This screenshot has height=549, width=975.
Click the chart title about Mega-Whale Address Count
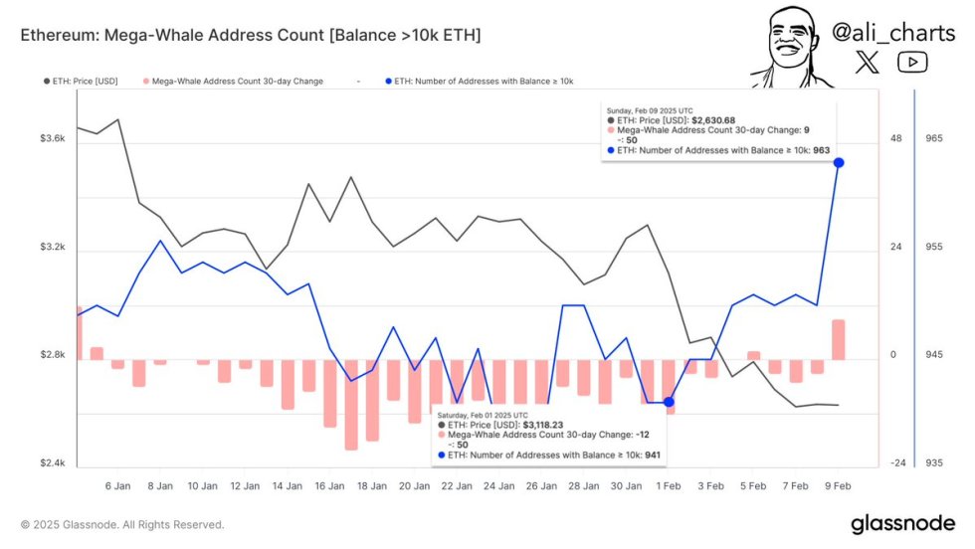tap(251, 36)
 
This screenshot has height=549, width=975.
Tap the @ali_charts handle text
tap(892, 32)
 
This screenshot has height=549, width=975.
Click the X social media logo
tap(869, 63)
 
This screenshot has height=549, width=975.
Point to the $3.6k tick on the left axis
tap(52, 138)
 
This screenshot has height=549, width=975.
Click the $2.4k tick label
tap(52, 463)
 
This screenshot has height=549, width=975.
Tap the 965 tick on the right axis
tap(933, 138)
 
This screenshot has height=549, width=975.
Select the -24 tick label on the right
tap(897, 463)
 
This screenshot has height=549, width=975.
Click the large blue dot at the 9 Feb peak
tap(839, 162)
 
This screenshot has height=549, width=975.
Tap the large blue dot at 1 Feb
tap(669, 402)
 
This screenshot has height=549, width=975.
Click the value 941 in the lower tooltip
tap(652, 456)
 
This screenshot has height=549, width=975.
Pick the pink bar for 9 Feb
tap(839, 339)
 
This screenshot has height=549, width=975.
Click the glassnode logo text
tap(903, 524)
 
